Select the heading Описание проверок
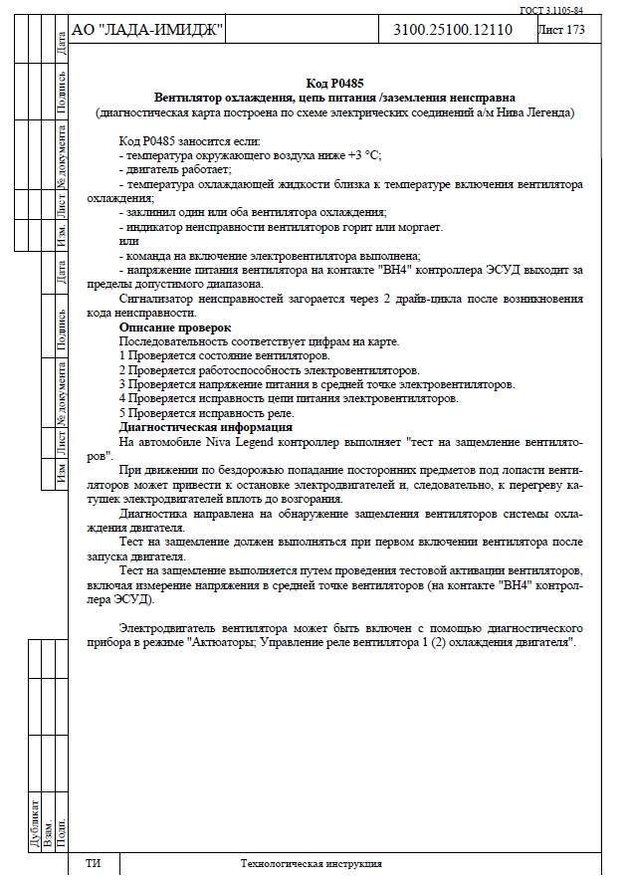[x=175, y=328]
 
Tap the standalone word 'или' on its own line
[x=128, y=242]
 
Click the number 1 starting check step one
[x=121, y=355]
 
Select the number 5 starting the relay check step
[x=121, y=412]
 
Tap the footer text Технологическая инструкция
[x=311, y=864]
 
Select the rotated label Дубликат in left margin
[x=36, y=819]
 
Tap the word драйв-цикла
[x=387, y=299]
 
